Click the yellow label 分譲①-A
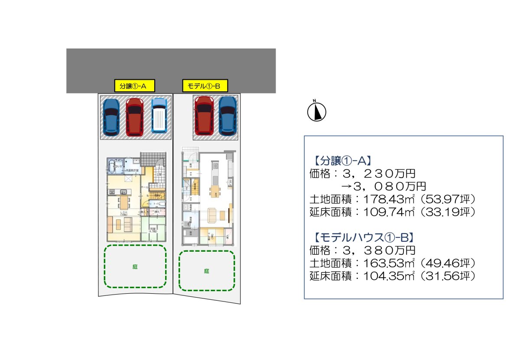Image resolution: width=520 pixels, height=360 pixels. click(134, 86)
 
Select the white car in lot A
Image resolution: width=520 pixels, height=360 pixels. click(159, 115)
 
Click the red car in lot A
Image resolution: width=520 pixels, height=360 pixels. click(134, 116)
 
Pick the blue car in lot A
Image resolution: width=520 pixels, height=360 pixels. click(111, 116)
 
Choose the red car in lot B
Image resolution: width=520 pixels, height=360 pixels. click(204, 115)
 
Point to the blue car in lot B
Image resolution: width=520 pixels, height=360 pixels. click(227, 115)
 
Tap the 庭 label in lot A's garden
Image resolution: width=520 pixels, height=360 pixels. click(135, 267)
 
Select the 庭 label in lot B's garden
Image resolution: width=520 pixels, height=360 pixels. click(207, 271)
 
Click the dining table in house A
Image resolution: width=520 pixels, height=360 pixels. click(124, 201)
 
